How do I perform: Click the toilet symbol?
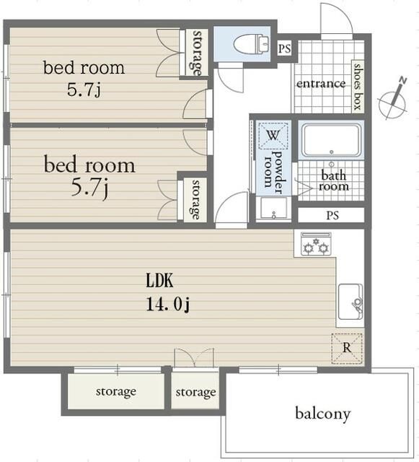[x=251, y=44]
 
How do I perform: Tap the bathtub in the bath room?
[x=332, y=140]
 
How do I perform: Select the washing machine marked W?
[x=273, y=136]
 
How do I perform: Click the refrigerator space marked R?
[x=347, y=348]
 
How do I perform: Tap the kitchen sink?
[x=350, y=302]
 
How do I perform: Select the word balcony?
[x=323, y=414]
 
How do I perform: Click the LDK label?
[x=159, y=281]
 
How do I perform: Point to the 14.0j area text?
[x=167, y=304]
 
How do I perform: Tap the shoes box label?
[x=358, y=87]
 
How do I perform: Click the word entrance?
[x=321, y=84]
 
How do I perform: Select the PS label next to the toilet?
[x=284, y=48]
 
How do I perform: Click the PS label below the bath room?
[x=332, y=215]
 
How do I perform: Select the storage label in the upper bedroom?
[x=198, y=53]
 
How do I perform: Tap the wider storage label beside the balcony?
[x=116, y=392]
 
